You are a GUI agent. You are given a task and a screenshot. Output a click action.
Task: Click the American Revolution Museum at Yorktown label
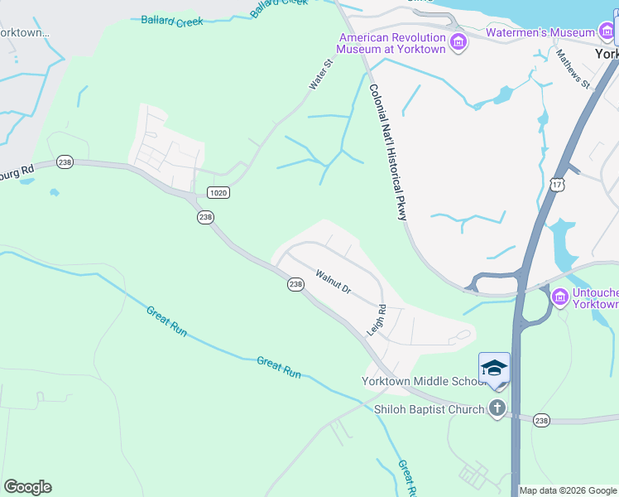point(392,43)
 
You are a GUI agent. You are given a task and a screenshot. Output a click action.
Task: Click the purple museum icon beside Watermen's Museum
point(607,33)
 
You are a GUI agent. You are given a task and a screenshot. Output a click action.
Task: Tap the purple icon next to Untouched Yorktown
point(559,296)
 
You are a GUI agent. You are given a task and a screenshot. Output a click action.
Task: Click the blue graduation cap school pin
point(494,368)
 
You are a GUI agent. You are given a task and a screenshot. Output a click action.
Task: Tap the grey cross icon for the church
point(497,408)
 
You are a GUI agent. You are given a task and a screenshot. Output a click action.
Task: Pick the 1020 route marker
point(218,192)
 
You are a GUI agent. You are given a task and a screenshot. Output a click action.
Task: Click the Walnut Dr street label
point(333,282)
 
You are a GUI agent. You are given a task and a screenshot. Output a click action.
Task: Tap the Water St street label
point(320,75)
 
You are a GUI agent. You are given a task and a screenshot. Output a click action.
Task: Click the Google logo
point(27,487)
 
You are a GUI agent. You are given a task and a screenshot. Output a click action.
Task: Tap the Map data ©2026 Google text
point(568,490)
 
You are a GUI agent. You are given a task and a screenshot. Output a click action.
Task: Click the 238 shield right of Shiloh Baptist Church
point(541,421)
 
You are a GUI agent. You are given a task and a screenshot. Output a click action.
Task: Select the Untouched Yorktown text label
point(595,297)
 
